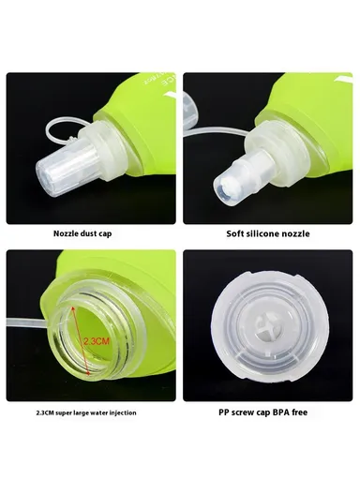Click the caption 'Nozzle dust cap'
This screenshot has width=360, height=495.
(91, 232)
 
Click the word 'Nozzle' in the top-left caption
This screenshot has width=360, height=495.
(69, 232)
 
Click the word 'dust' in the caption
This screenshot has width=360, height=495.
(96, 232)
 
